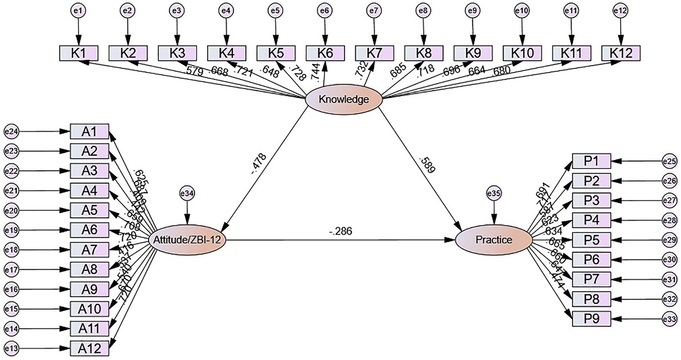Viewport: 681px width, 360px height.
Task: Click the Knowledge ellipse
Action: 343,99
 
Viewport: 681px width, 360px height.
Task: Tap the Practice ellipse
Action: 494,240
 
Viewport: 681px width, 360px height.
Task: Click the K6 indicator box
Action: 325,53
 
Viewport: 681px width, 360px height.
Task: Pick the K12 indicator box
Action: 621,53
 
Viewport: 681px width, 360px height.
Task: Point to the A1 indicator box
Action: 89,131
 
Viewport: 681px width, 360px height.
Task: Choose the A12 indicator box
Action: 89,348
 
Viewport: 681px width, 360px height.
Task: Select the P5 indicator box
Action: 591,240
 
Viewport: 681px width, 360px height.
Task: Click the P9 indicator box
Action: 591,318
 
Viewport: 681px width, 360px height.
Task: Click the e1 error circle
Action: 78,11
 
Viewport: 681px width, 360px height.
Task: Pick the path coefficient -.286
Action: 340,231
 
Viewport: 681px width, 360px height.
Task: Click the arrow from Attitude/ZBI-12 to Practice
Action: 340,240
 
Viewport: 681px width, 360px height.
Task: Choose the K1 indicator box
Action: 78,53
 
